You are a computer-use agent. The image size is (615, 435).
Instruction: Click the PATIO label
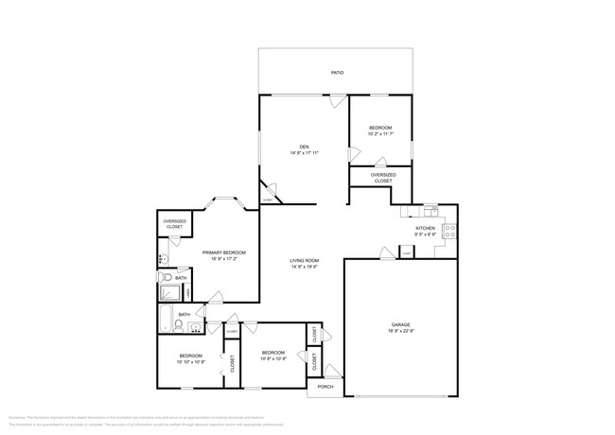[x=337, y=73]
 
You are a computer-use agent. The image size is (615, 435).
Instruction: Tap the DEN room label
[x=305, y=147]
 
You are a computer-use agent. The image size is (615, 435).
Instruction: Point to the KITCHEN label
[x=425, y=229]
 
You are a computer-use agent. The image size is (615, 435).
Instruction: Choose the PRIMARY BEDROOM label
[x=224, y=252]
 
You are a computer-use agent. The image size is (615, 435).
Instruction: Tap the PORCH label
[x=325, y=386]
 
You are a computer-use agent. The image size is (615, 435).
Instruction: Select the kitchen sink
[x=430, y=209]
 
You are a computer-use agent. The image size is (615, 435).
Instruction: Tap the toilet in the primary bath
[x=166, y=276]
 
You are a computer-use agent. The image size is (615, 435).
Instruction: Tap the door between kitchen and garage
[x=386, y=253]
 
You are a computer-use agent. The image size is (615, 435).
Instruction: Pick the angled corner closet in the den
[x=268, y=193]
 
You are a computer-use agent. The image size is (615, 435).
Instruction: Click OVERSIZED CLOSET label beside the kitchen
[x=383, y=177]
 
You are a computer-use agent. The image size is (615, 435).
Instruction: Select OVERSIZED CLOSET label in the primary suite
[x=175, y=225]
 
